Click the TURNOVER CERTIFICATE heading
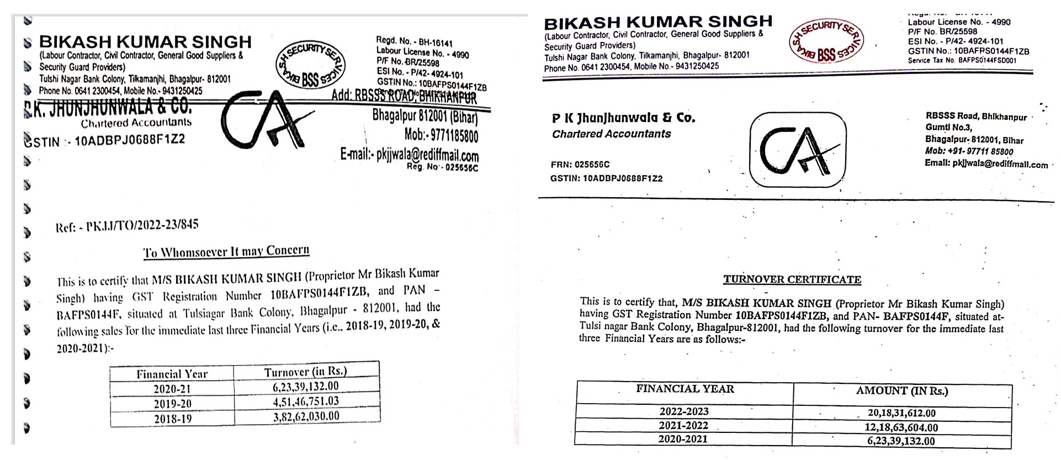[792, 279]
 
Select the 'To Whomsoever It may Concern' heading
[226, 252]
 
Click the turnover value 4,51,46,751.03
[306, 401]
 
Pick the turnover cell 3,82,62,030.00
[306, 416]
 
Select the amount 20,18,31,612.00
[901, 413]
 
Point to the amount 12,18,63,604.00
[901, 427]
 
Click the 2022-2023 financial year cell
[684, 411]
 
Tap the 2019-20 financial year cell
[172, 404]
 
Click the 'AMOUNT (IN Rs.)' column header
[902, 391]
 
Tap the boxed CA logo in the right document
[797, 150]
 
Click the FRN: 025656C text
[580, 165]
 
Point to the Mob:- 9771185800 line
[441, 135]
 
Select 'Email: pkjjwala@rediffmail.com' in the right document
[986, 164]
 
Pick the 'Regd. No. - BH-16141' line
[414, 41]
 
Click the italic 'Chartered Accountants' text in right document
[611, 134]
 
